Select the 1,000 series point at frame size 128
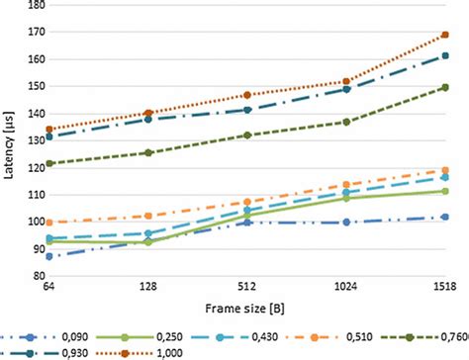pos(148,113)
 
